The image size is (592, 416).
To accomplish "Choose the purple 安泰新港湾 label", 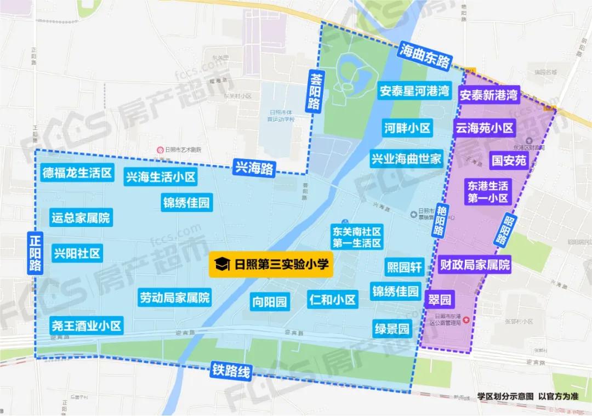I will click(x=488, y=95).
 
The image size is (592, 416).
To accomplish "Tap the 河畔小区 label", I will click(x=407, y=129).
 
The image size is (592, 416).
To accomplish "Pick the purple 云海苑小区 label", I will click(x=485, y=128).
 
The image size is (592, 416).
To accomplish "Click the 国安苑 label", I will click(x=509, y=160).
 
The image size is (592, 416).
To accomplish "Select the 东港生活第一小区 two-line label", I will click(x=488, y=191).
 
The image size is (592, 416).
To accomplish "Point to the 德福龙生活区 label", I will click(x=77, y=174).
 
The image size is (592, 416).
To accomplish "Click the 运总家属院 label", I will click(x=80, y=218).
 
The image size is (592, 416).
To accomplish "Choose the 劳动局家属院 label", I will click(x=174, y=298).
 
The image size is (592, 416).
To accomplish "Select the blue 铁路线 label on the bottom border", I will click(x=231, y=372).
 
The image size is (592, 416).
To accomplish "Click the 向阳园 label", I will click(x=270, y=301).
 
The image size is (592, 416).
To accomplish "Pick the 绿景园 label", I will click(x=392, y=329).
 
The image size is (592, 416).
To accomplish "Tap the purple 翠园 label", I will click(x=439, y=300).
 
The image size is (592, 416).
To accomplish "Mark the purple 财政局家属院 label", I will click(x=475, y=266).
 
